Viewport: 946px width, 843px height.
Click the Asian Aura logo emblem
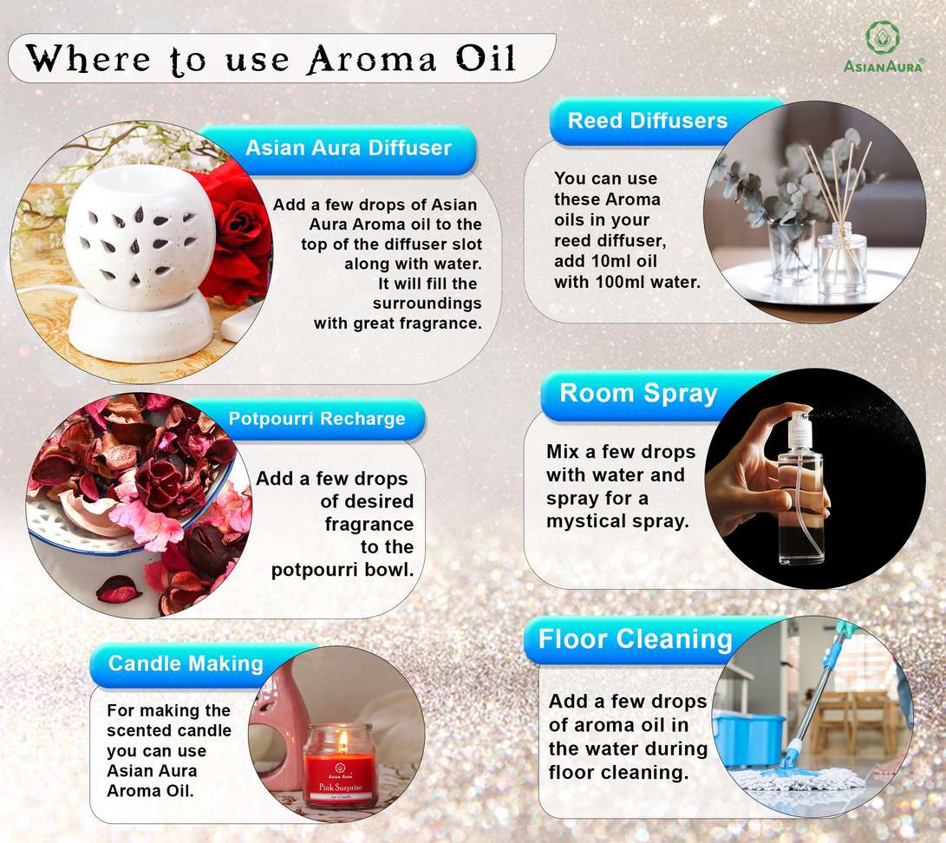883,36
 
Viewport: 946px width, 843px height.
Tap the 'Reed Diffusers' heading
648,121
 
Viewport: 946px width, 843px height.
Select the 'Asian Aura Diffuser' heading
348,147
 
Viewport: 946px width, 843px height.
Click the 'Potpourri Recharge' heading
316,418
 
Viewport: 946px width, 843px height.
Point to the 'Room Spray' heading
638,394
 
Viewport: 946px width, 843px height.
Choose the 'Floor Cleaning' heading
635,639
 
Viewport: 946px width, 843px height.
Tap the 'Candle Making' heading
186,663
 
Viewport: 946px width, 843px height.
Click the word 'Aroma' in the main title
372,60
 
